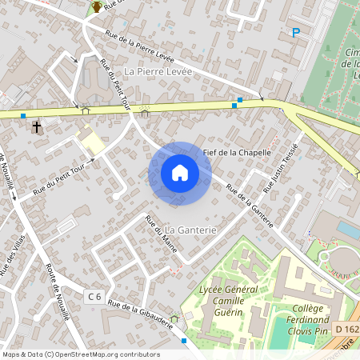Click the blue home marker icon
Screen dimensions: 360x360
(180, 173)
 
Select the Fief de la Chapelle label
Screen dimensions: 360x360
(238, 152)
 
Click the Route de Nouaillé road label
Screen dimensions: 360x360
(58, 292)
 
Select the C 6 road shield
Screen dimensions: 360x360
(94, 297)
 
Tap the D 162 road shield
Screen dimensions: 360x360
(346, 328)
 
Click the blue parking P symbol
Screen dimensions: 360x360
(295, 33)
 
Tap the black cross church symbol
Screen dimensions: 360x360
(36, 126)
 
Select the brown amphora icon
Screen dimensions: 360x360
(97, 7)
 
